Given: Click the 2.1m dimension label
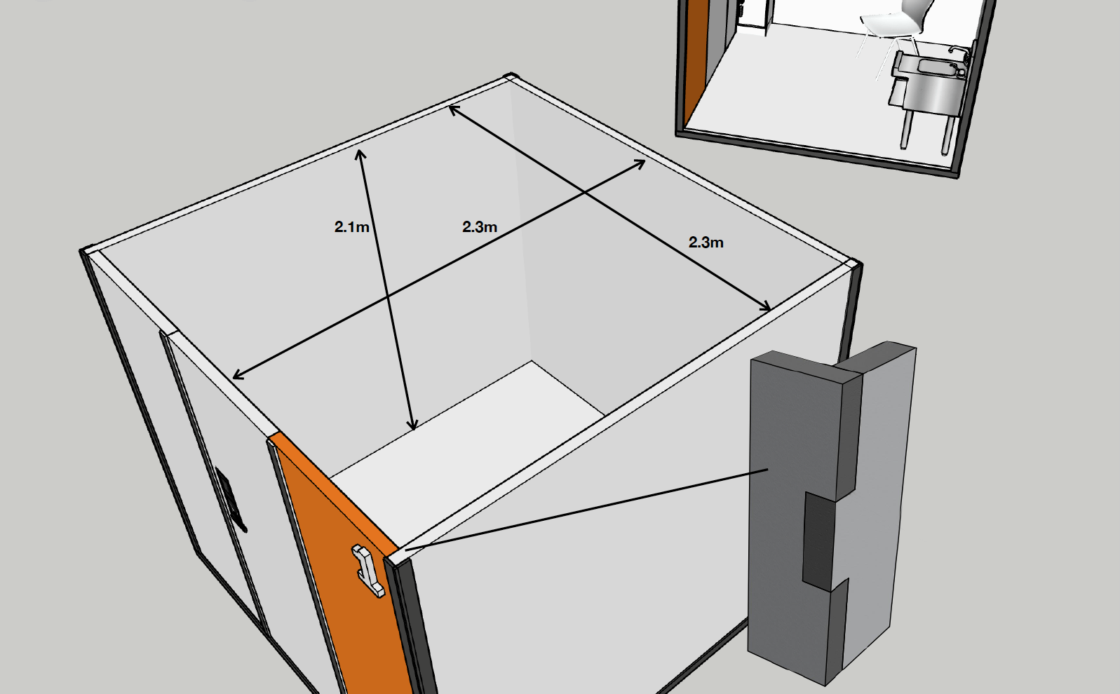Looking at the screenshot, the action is pyautogui.click(x=351, y=227).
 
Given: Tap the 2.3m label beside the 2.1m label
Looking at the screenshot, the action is pyautogui.click(x=480, y=227).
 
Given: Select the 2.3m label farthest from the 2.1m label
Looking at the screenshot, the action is pyautogui.click(x=706, y=243).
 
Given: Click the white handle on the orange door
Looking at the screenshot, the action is pyautogui.click(x=368, y=571).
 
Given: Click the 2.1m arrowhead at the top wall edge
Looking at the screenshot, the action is pyautogui.click(x=360, y=155).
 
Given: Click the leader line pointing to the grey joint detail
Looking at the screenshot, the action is pyautogui.click(x=586, y=510).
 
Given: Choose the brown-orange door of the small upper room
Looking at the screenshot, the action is pyautogui.click(x=696, y=60).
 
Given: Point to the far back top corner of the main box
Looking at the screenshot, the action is pyautogui.click(x=510, y=76).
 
